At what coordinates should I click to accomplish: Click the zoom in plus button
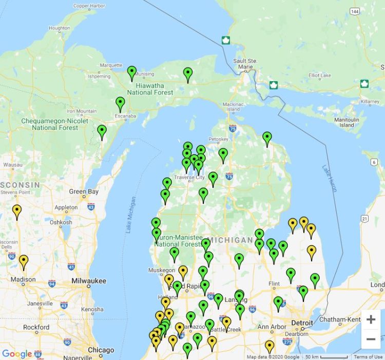click(x=371, y=319)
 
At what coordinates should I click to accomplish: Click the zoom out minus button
click(x=371, y=339)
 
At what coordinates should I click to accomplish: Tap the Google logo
click(x=17, y=354)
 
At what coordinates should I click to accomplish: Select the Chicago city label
click(x=101, y=350)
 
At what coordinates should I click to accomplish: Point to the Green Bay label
click(x=84, y=192)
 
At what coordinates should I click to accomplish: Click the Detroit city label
click(x=302, y=323)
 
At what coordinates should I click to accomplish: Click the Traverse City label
click(x=189, y=177)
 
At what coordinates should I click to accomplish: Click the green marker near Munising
click(x=132, y=73)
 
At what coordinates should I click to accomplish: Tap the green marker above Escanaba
click(x=120, y=104)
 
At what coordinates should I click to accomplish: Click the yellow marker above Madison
click(x=24, y=261)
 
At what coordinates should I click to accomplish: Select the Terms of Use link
click(x=368, y=357)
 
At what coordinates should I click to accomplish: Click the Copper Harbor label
click(x=88, y=6)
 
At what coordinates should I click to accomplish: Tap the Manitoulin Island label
click(x=346, y=122)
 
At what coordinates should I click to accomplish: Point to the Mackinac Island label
click(x=233, y=106)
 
